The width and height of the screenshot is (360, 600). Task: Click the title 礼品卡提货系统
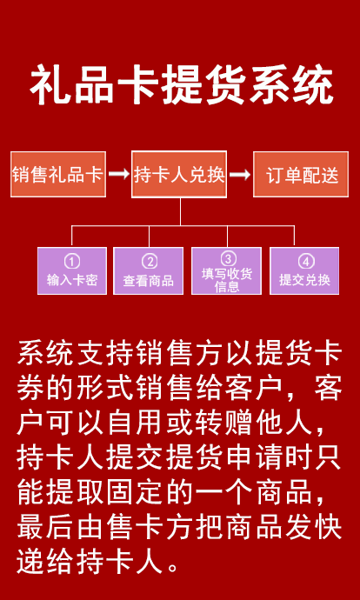tap(182, 86)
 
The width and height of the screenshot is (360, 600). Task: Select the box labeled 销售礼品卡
tap(58, 175)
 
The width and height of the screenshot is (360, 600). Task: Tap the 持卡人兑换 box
tap(179, 175)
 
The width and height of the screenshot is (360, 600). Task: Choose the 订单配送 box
tap(301, 175)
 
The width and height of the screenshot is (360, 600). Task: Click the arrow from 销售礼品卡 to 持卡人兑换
tap(118, 175)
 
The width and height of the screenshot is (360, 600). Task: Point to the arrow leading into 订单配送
tap(240, 175)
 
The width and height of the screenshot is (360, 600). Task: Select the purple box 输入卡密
tap(72, 271)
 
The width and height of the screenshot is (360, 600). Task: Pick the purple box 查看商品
tap(148, 271)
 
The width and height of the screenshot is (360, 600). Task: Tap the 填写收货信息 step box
tap(226, 271)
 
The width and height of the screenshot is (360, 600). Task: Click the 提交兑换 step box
tap(304, 271)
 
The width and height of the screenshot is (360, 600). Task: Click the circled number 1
tap(72, 262)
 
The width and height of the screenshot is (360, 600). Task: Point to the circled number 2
tap(150, 262)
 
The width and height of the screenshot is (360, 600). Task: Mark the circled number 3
tap(228, 259)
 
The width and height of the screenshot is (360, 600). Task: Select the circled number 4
tap(306, 262)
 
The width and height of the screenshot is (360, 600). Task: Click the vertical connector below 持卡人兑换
tap(180, 212)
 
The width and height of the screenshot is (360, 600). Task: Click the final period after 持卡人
tap(173, 567)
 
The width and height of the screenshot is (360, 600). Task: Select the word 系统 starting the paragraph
tap(46, 354)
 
